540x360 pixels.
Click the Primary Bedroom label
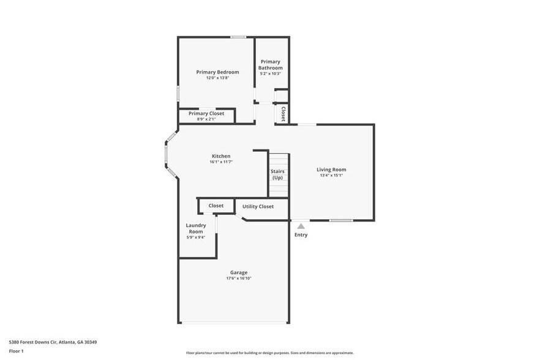coord(217,72)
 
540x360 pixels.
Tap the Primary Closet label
coord(206,113)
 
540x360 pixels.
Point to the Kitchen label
coord(221,156)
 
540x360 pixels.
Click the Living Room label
coord(331,170)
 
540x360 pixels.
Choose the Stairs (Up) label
coord(277,174)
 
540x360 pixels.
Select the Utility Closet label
coord(258,206)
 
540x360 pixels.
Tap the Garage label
coord(239,272)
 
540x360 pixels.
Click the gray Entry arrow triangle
coord(301,227)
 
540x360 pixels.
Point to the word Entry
coord(301,235)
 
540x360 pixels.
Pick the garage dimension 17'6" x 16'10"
coord(239,279)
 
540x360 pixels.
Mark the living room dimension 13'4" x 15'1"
coord(331,176)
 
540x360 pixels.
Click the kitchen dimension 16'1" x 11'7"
coord(221,162)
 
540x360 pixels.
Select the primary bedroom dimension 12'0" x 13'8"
coord(217,78)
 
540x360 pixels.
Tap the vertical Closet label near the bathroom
coord(283,114)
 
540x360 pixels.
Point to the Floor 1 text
coord(16,351)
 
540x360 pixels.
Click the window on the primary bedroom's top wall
coord(238,37)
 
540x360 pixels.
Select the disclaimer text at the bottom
coord(269,353)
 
